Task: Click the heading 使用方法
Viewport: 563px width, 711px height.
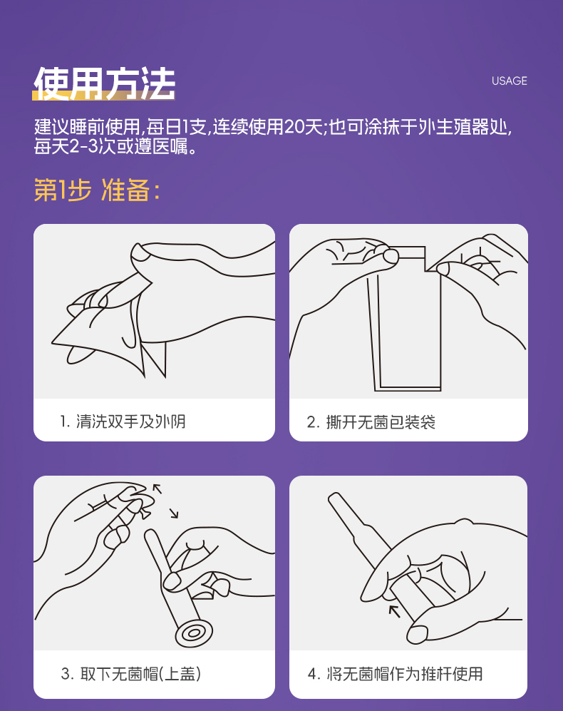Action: tap(104, 83)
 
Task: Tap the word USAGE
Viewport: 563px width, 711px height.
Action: tap(509, 81)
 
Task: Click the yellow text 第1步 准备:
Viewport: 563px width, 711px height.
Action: tap(97, 190)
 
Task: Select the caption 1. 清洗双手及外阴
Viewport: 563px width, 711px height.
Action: tap(123, 421)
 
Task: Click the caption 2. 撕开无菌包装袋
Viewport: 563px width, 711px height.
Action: tap(371, 422)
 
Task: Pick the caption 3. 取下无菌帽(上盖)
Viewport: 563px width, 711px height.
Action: tap(131, 674)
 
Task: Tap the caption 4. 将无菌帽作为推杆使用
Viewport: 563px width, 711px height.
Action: tap(395, 674)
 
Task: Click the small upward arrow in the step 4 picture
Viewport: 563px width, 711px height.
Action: tap(394, 611)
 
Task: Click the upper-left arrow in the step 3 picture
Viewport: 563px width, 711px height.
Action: tap(157, 489)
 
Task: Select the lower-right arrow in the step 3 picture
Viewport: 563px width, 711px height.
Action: tap(174, 513)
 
